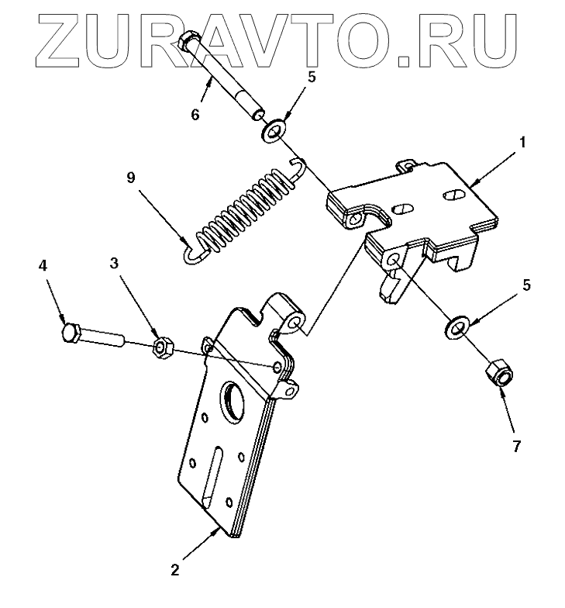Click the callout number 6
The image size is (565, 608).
[195, 115]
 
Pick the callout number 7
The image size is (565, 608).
[516, 447]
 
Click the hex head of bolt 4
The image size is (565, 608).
[69, 334]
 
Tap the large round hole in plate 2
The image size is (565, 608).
[233, 400]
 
